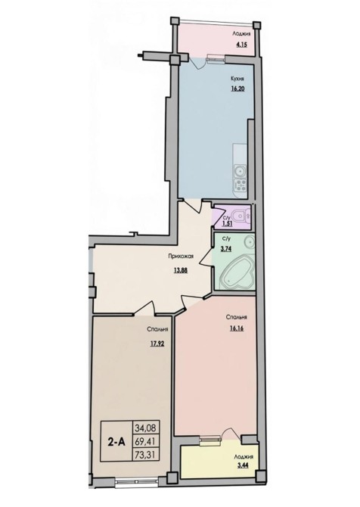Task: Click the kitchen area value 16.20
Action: pos(237,89)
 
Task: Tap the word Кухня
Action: pos(237,78)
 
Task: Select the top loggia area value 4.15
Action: pos(241,45)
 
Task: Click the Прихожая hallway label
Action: pos(181,257)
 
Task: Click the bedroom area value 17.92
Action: pos(157,344)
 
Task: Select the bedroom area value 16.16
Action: pos(237,328)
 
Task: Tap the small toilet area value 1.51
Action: pos(226,223)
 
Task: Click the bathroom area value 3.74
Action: pos(226,249)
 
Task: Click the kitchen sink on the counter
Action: pos(240,170)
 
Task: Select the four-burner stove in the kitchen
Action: pos(240,185)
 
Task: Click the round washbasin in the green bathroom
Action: pos(249,241)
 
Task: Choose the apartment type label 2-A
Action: pos(116,441)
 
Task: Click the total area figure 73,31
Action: pos(147,455)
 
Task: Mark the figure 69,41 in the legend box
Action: pos(147,441)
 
